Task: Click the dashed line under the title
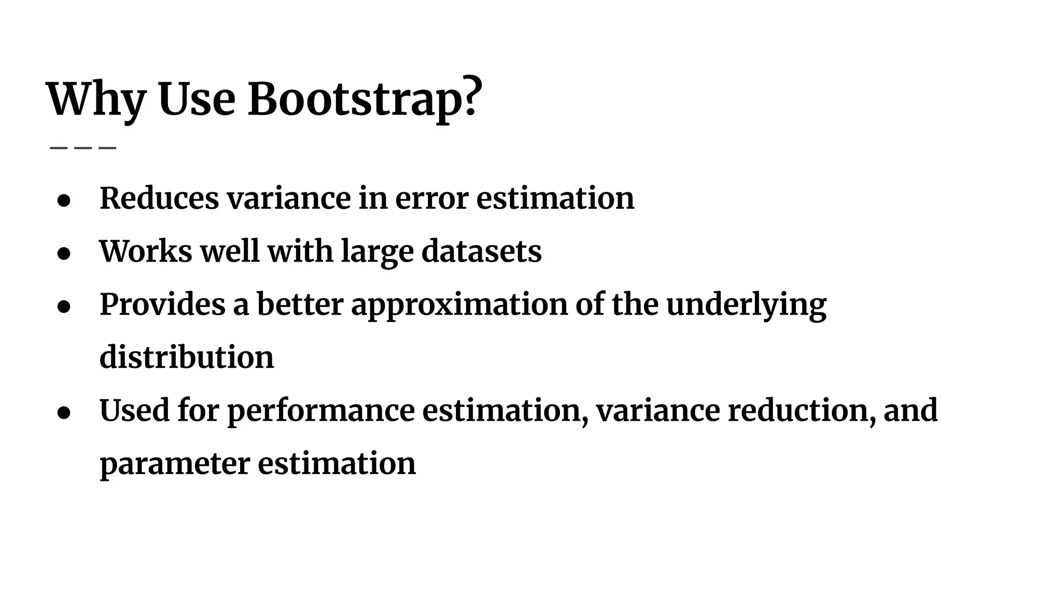click(83, 148)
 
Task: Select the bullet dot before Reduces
click(64, 201)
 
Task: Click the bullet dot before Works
click(64, 253)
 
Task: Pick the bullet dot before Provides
click(64, 307)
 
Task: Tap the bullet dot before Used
click(64, 413)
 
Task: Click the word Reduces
click(159, 198)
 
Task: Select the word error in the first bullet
click(432, 198)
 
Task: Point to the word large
click(377, 252)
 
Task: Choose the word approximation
click(459, 305)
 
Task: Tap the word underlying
click(746, 305)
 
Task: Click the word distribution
click(187, 357)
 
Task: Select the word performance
click(321, 411)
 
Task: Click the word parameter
click(175, 464)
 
